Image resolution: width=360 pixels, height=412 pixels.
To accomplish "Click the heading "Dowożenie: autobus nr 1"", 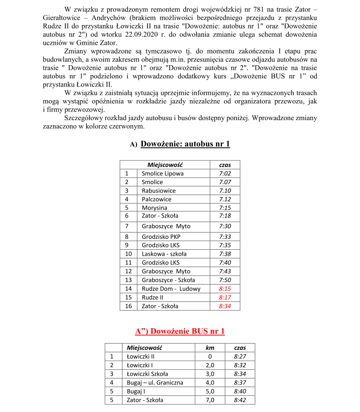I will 185,144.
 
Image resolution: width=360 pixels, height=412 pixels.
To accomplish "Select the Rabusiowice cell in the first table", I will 158,191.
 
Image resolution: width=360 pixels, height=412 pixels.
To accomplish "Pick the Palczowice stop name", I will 156,199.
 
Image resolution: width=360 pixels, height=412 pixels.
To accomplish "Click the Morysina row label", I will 154,208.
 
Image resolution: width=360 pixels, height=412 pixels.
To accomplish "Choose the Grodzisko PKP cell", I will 161,237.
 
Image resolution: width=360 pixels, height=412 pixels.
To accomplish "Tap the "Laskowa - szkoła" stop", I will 164,254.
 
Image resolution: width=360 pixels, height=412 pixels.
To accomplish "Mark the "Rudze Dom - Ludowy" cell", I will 171,289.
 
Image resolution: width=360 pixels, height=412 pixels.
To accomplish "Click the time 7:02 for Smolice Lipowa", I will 225,174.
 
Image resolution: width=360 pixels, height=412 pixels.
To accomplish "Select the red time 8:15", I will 225,289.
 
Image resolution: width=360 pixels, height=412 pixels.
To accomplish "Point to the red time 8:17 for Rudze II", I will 225,297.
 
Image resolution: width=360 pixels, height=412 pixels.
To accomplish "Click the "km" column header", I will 210,348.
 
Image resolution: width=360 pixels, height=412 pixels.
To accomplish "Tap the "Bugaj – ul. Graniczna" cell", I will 155,383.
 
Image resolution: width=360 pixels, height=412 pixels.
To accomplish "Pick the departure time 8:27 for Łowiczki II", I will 240,357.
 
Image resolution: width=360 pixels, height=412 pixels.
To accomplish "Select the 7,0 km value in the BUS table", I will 210,400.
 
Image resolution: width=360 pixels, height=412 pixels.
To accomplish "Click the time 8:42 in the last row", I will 240,400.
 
